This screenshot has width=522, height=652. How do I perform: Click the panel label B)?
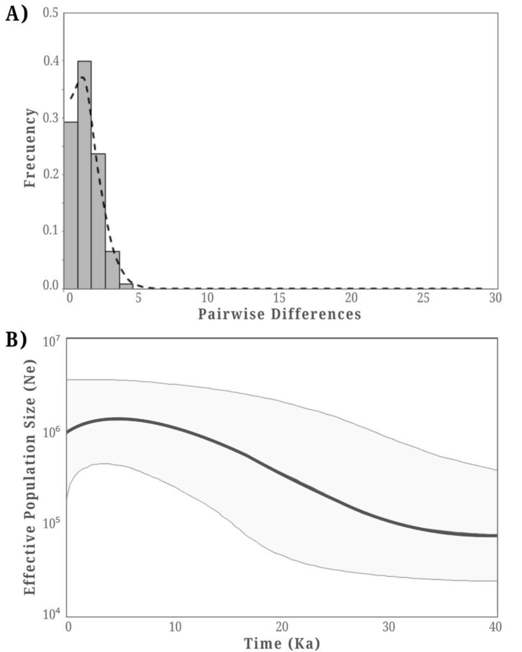tap(17, 341)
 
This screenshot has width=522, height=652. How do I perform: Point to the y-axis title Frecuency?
tap(29, 148)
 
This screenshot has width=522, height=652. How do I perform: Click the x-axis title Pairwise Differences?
tap(279, 314)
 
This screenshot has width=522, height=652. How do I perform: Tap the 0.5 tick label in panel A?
tap(52, 13)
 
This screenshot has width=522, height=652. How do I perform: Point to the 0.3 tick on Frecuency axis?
tap(52, 118)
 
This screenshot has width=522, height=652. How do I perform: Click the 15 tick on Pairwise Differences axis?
tap(279, 297)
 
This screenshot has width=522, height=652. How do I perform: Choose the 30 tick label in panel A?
tap(495, 297)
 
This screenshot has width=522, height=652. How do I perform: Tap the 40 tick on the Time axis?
tap(495, 627)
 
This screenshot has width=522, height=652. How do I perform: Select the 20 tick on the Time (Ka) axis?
tap(282, 627)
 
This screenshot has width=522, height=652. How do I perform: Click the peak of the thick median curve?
tap(118, 418)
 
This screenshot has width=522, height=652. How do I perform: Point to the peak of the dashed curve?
tap(82, 78)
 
